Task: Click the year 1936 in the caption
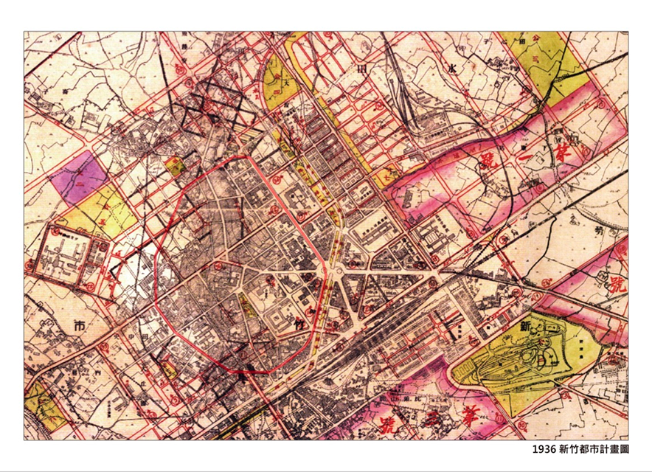pyautogui.click(x=544, y=448)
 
